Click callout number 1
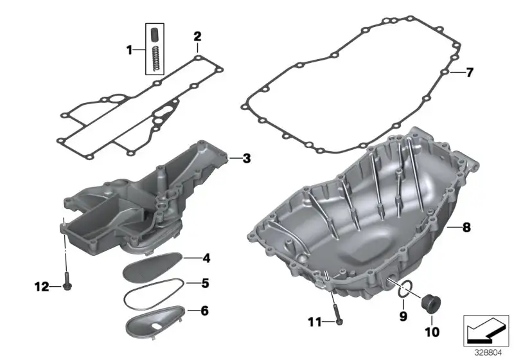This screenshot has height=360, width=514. coord(130,51)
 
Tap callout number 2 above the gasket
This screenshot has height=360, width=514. coord(197,37)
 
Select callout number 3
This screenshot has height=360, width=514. coord(247,159)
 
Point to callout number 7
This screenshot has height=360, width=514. coord(470,73)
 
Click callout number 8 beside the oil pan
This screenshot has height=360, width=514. coord(466,227)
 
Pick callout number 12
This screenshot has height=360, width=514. coord(42,287)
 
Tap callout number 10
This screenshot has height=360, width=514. coord(432,332)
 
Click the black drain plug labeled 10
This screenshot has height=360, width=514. coord(430,302)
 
